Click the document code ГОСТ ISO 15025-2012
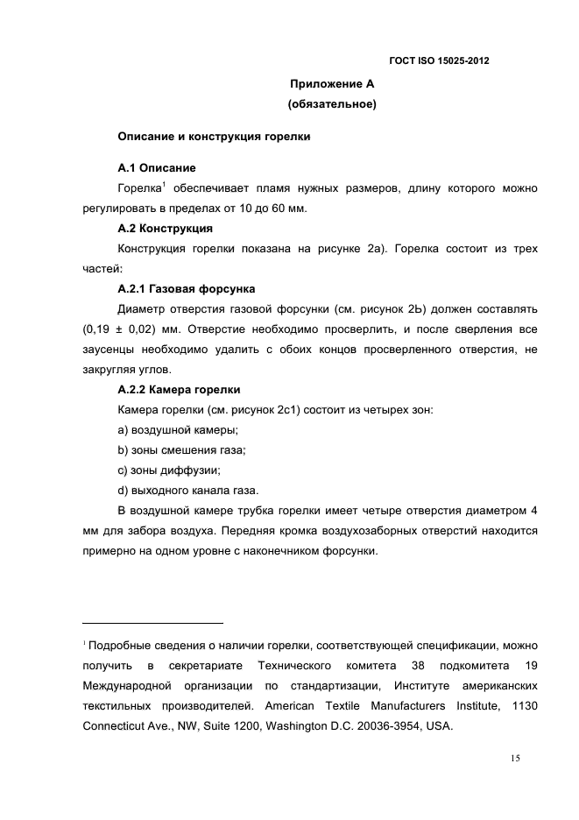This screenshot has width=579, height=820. [438, 60]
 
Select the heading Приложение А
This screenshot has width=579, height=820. [332, 84]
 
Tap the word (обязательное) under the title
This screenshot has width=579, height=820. [332, 105]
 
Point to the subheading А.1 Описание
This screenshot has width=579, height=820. [157, 167]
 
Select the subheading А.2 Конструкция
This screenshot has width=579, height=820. [165, 228]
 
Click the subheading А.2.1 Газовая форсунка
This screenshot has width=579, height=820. [187, 288]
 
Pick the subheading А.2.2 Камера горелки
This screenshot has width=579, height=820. [179, 389]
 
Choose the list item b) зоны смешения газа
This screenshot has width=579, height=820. [182, 449]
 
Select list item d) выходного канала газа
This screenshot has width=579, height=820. [188, 490]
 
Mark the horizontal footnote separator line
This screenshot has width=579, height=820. [152, 624]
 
